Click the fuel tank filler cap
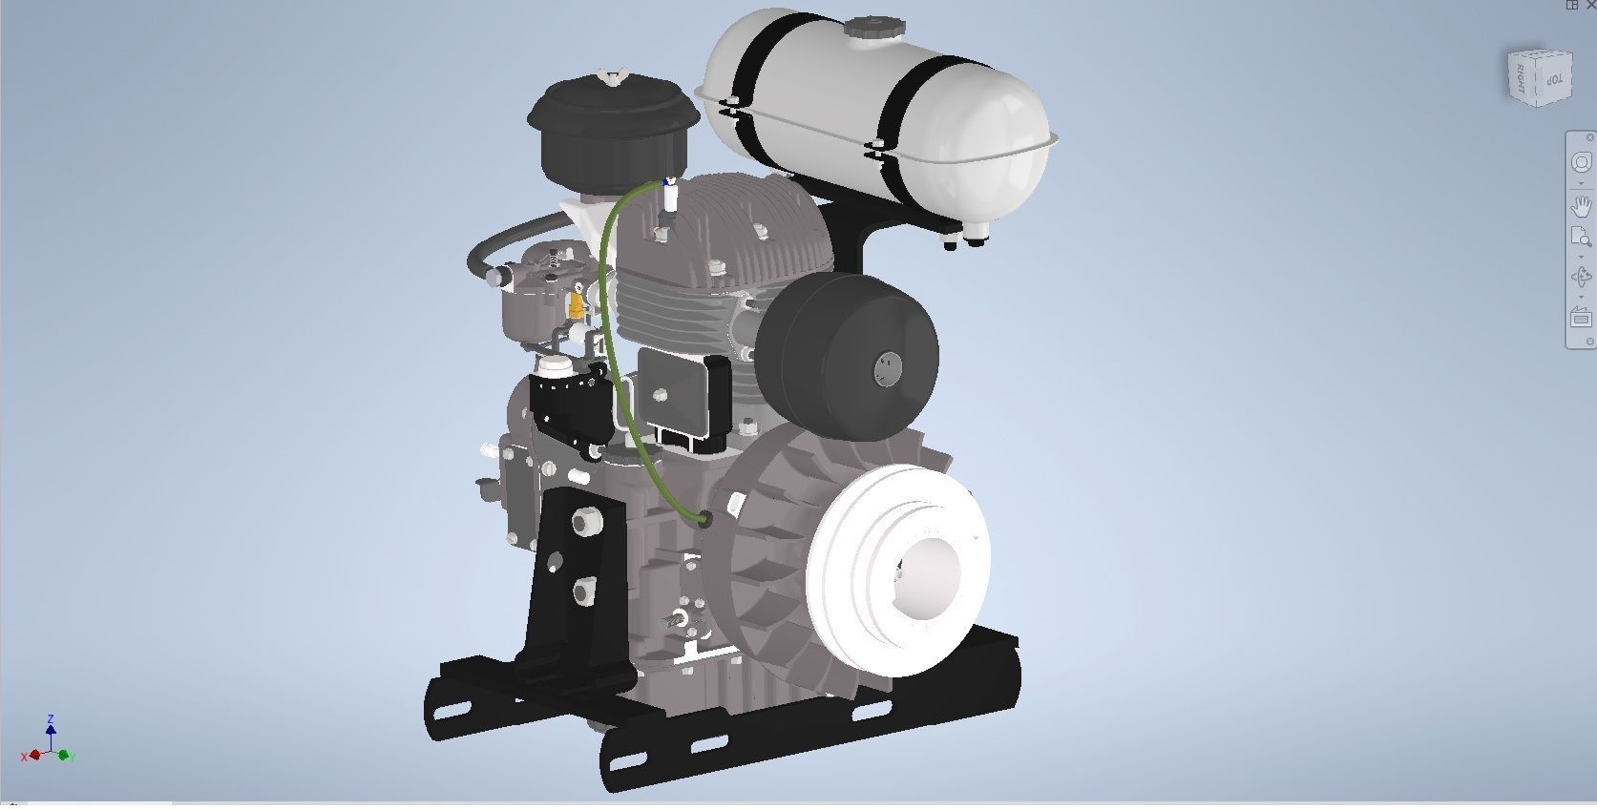pyautogui.click(x=867, y=28)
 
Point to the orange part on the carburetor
pyautogui.click(x=576, y=305)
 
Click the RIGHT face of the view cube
pyautogui.click(x=1522, y=76)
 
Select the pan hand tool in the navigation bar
pyautogui.click(x=1581, y=205)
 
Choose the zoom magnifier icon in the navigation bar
pyautogui.click(x=1581, y=239)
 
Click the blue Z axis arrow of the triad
pyautogui.click(x=51, y=729)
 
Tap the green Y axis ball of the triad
pyautogui.click(x=65, y=756)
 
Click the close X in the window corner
pyautogui.click(x=1590, y=5)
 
